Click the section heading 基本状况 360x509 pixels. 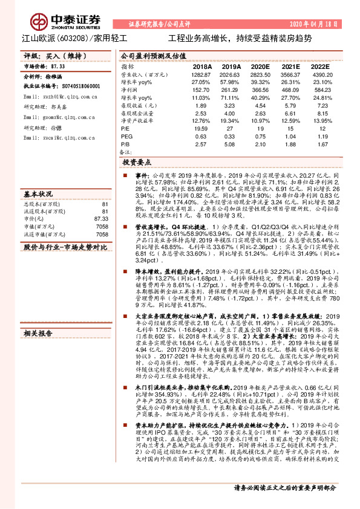coord(38,195)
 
